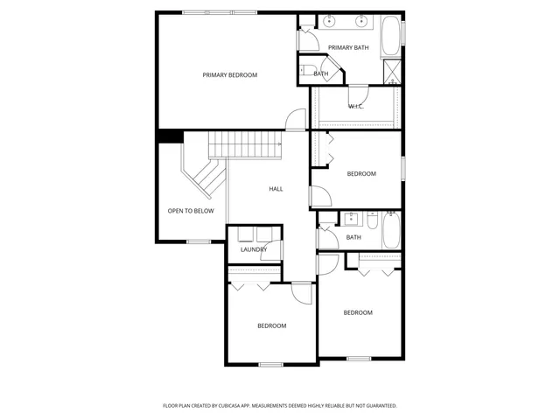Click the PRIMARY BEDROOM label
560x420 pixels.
pyautogui.click(x=230, y=75)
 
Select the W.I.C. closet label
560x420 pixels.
pyautogui.click(x=356, y=107)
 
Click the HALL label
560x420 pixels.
pyautogui.click(x=276, y=189)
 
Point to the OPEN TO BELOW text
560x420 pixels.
pyautogui.click(x=191, y=211)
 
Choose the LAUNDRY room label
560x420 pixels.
pyautogui.click(x=254, y=250)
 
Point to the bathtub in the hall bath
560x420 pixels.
pyautogui.click(x=391, y=231)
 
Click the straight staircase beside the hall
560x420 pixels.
pyautogui.click(x=243, y=143)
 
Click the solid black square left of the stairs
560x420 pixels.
pyautogui.click(x=169, y=136)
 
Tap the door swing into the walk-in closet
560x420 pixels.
pyautogui.click(x=358, y=94)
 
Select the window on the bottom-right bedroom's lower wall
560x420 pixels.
pyautogui.click(x=359, y=358)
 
